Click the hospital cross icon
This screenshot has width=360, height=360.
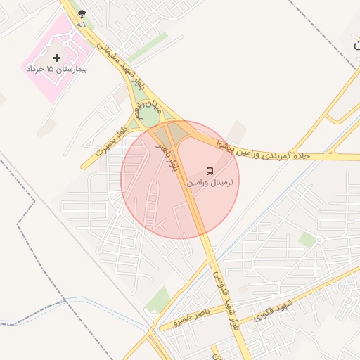click(57, 57)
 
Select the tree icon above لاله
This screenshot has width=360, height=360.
click(82, 13)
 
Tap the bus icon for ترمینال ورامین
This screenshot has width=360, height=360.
click(210, 171)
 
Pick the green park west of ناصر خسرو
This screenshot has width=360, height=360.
click(158, 301)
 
